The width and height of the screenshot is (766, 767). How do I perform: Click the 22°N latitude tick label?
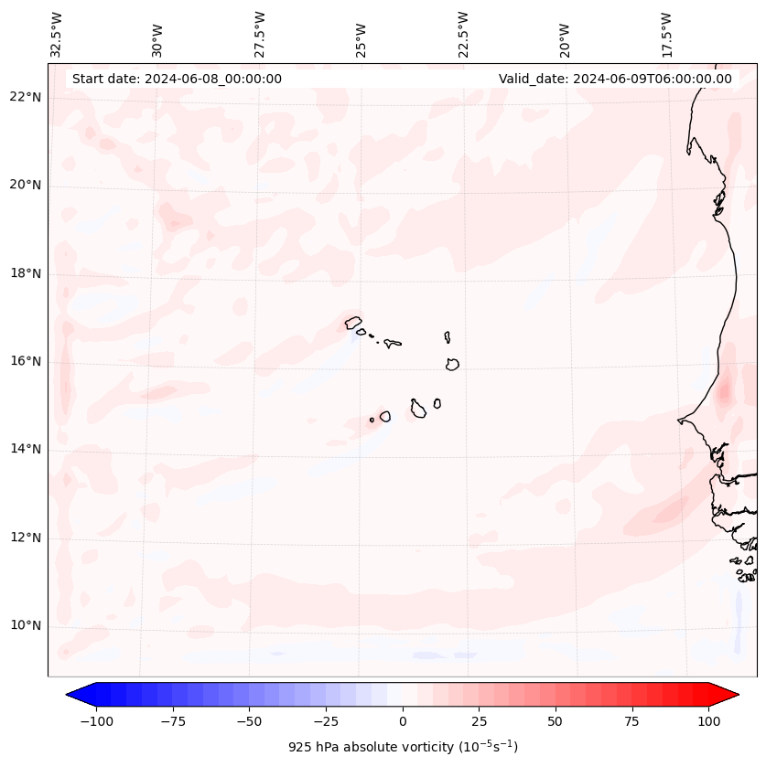[x=27, y=98]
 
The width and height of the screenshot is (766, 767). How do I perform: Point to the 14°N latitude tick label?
[x=27, y=449]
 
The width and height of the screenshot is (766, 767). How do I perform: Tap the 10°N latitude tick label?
[x=27, y=626]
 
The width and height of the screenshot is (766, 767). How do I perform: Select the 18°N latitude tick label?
[x=27, y=273]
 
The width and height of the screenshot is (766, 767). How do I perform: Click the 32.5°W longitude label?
[x=57, y=35]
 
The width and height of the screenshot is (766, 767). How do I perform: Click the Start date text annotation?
[x=177, y=79]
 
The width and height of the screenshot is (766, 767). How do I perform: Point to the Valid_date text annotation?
[x=615, y=79]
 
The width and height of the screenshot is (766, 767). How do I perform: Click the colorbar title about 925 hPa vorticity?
[x=403, y=747]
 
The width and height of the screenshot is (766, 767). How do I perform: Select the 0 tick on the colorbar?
[x=403, y=721]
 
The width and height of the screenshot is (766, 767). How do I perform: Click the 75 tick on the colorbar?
[x=631, y=721]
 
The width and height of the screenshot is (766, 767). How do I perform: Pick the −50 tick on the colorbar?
[x=250, y=721]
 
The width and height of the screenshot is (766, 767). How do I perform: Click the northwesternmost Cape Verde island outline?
[x=353, y=322]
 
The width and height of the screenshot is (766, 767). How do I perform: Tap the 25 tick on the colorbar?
[x=479, y=721]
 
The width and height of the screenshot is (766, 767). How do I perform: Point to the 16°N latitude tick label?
[x=27, y=361]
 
